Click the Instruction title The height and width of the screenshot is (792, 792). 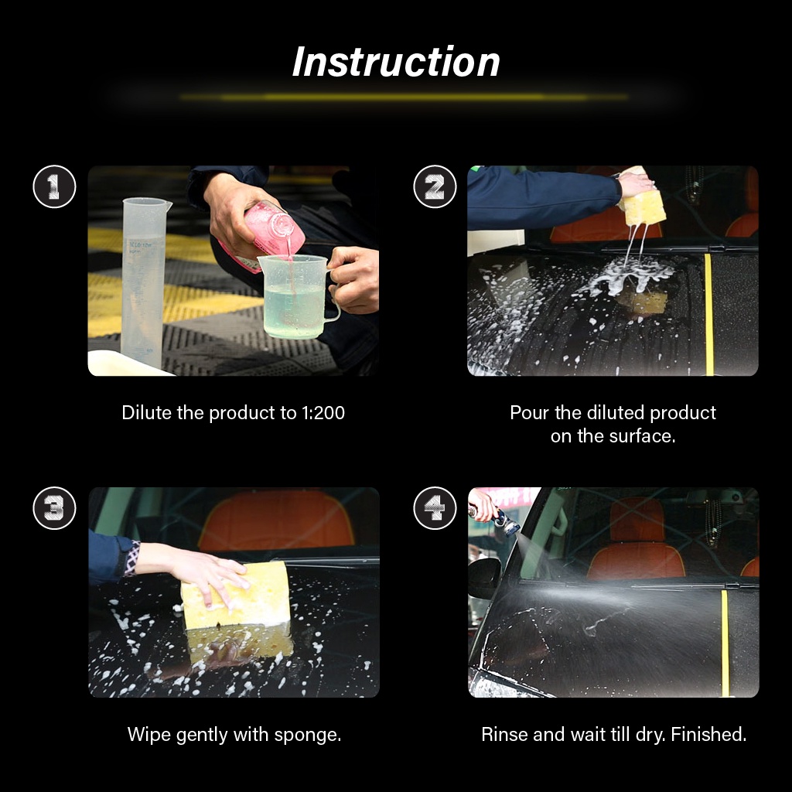tap(396, 62)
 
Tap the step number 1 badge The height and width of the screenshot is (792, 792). tap(54, 186)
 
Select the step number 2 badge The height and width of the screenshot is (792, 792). tap(435, 186)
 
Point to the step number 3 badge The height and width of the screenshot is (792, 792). tap(54, 508)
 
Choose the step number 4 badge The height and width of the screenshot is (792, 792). tap(435, 508)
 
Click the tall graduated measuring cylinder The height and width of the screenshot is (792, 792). tap(144, 282)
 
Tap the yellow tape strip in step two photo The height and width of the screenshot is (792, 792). tap(708, 313)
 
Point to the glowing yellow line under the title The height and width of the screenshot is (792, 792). tap(402, 97)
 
